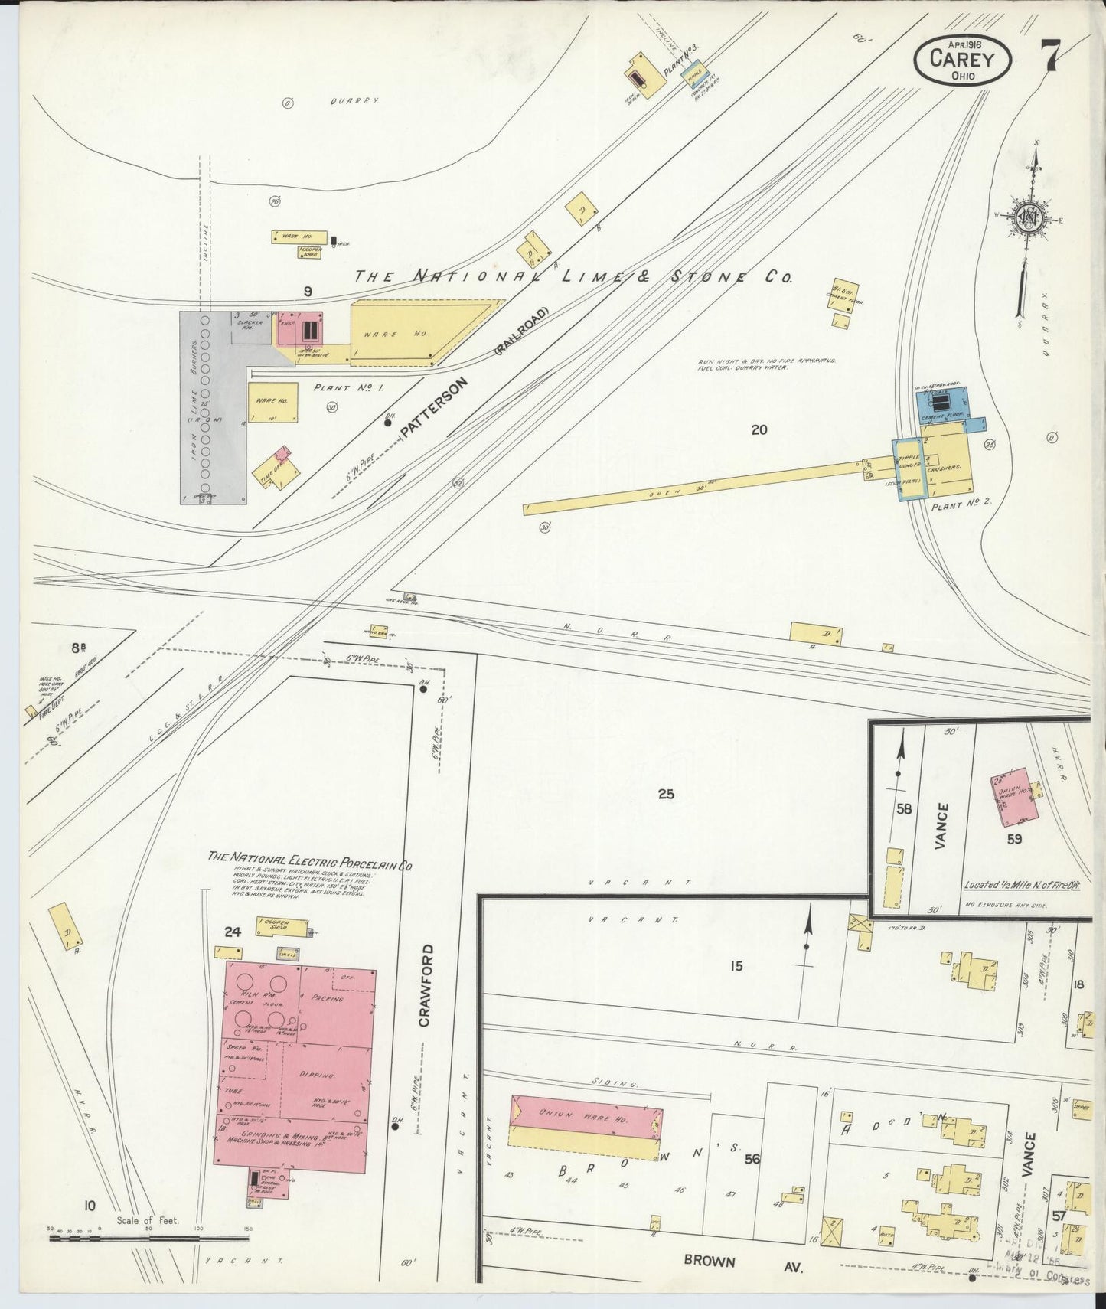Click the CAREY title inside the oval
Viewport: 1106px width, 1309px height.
click(962, 58)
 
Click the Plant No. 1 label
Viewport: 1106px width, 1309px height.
click(348, 388)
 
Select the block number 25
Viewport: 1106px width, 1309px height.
click(666, 794)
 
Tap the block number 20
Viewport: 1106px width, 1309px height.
click(759, 430)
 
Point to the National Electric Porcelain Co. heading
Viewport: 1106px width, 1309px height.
click(310, 861)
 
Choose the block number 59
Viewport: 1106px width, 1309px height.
click(1014, 839)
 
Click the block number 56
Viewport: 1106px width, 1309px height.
click(752, 1160)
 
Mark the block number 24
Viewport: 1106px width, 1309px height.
click(233, 932)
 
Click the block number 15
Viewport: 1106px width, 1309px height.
click(736, 967)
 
